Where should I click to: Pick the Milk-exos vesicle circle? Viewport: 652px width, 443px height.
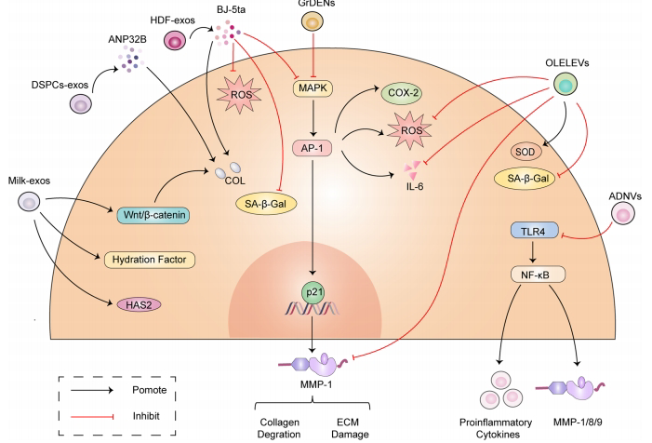coord(30,202)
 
